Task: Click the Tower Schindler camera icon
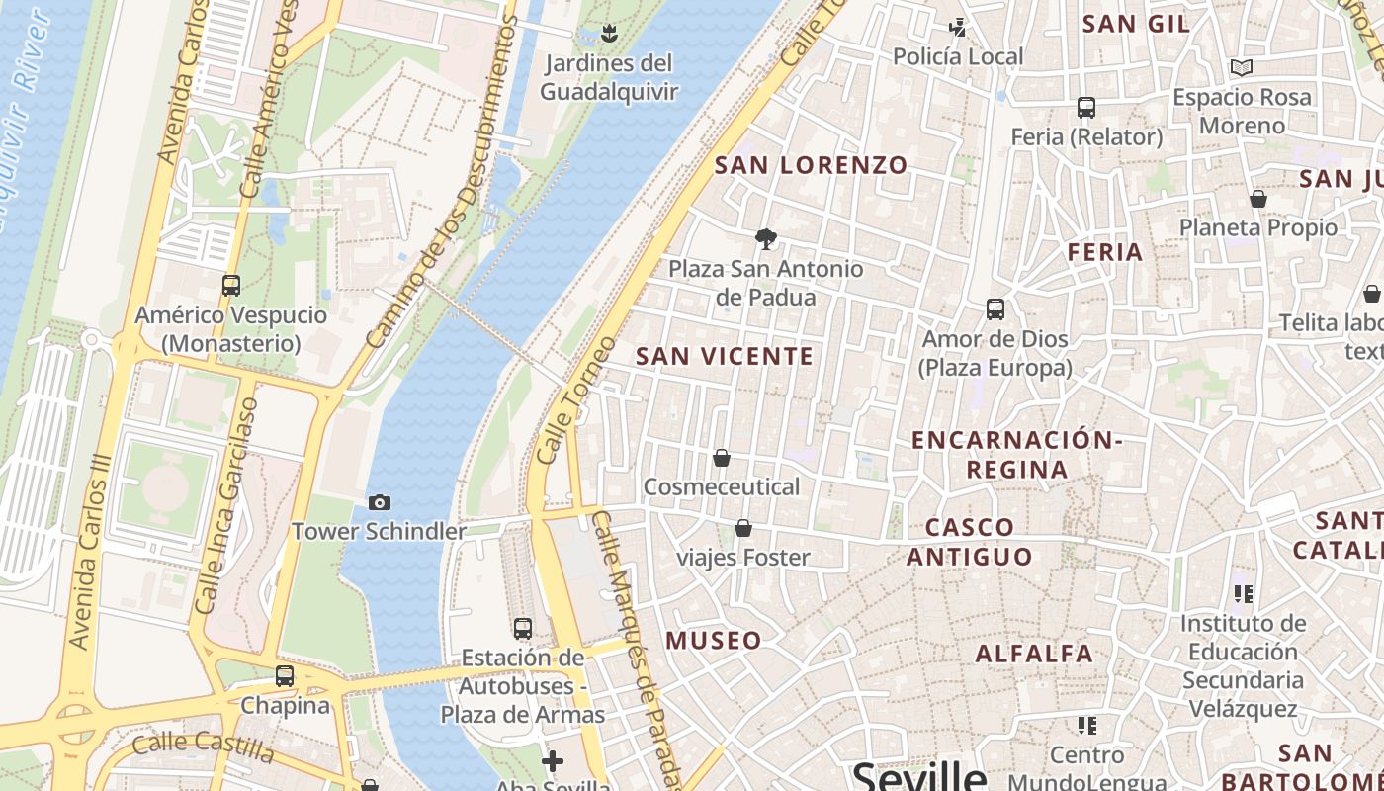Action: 379,503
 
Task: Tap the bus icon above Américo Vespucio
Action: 231,286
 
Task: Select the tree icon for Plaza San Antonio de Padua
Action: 765,238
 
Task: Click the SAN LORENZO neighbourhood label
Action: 811,165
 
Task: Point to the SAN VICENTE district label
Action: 725,356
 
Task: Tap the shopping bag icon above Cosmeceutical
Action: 722,458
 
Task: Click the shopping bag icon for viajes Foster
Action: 742,529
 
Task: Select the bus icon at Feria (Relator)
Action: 1085,108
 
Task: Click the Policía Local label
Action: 958,57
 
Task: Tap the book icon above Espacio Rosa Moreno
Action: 1242,68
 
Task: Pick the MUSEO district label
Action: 714,640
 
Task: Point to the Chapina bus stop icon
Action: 285,676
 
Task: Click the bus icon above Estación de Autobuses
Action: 522,628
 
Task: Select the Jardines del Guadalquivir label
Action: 609,78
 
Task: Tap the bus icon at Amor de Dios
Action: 995,309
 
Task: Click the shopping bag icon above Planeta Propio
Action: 1257,199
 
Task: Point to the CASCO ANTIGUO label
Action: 970,541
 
